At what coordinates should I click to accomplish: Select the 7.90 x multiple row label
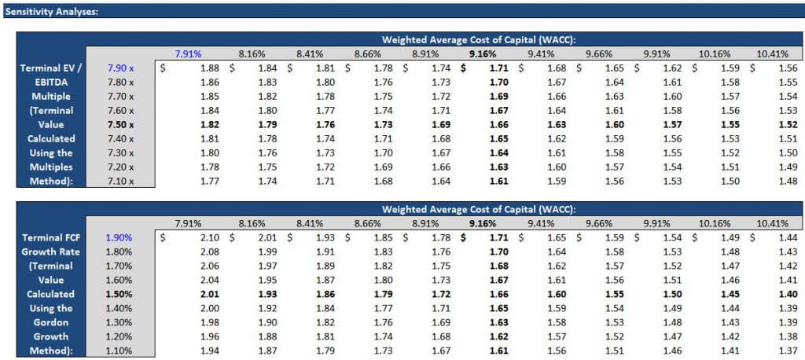coord(120,68)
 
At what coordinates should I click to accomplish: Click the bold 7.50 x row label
coord(120,124)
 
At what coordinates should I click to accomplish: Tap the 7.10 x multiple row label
coord(120,182)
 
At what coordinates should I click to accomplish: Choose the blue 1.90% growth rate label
coord(120,237)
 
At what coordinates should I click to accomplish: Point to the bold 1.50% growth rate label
coord(120,293)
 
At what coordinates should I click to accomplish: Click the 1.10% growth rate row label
coord(120,350)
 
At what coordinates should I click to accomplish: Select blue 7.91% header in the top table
coord(189,53)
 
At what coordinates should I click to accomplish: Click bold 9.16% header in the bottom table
coord(482,222)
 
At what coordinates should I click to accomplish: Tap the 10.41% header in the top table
coord(772,53)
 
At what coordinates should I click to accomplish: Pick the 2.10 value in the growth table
coord(209,237)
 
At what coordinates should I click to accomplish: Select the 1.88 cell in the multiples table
coord(209,68)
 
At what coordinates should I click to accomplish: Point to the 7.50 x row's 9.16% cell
coord(498,124)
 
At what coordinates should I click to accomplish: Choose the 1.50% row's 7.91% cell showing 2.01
coord(209,293)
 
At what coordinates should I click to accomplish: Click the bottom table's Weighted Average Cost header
coord(479,208)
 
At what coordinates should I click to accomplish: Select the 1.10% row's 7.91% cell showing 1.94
coord(209,350)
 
